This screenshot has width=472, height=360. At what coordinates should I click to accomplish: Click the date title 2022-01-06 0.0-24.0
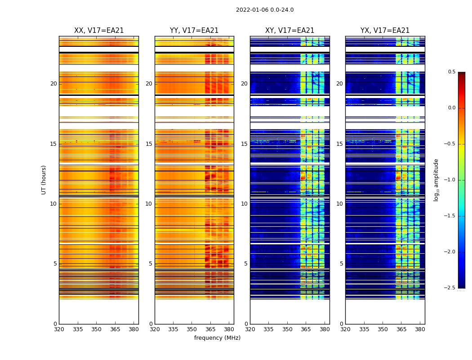[265, 10]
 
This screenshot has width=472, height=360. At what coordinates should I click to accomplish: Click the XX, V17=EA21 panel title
[99, 31]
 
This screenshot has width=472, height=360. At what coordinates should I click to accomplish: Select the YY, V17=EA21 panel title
[194, 31]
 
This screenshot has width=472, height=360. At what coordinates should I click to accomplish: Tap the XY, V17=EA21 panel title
[289, 31]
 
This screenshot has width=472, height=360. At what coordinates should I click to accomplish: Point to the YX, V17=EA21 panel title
[385, 31]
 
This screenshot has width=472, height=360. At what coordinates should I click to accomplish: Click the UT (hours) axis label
[44, 180]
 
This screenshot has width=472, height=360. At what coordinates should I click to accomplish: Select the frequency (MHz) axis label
[217, 338]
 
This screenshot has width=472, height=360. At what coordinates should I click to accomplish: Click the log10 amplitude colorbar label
[436, 180]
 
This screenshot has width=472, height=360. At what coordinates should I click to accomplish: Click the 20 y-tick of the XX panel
[53, 84]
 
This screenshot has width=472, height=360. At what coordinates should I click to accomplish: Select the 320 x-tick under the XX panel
[59, 329]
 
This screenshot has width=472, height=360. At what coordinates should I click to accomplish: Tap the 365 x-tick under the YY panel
[210, 329]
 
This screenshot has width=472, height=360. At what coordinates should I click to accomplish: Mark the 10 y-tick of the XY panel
[244, 204]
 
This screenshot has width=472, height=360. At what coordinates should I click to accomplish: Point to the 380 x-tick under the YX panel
[420, 329]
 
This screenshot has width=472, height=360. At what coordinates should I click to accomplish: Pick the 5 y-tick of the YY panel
[150, 264]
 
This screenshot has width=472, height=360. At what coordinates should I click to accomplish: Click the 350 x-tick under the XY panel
[287, 329]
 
